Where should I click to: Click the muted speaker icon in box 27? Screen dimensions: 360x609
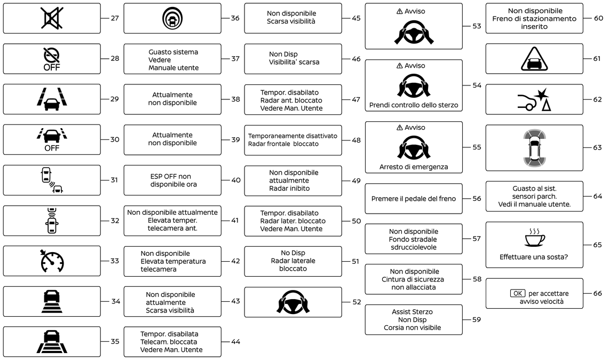pyautogui.click(x=52, y=18)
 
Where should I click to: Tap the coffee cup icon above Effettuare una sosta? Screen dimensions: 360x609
pyautogui.click(x=534, y=238)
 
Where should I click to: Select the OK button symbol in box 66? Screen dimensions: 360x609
pyautogui.click(x=517, y=293)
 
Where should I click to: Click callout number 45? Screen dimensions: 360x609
pyautogui.click(x=356, y=18)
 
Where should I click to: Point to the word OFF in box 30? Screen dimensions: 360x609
pyautogui.click(x=52, y=148)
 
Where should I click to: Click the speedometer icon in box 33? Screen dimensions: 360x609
pyautogui.click(x=52, y=261)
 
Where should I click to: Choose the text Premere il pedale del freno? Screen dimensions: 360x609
pyautogui.click(x=414, y=199)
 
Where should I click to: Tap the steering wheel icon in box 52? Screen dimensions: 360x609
pyautogui.click(x=293, y=302)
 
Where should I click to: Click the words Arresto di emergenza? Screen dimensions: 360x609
pyautogui.click(x=414, y=167)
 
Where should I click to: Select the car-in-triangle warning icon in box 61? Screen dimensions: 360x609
pyautogui.click(x=534, y=59)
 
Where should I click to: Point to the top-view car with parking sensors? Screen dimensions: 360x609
pyautogui.click(x=534, y=147)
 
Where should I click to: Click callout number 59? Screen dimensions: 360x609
pyautogui.click(x=477, y=319)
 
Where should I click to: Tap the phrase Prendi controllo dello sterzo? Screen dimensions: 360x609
pyautogui.click(x=414, y=105)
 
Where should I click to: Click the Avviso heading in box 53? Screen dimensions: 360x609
pyautogui.click(x=414, y=11)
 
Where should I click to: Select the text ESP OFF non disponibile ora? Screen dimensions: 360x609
pyautogui.click(x=173, y=180)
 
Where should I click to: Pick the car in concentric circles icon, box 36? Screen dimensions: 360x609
pyautogui.click(x=172, y=18)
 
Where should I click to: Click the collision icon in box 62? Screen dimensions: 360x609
pyautogui.click(x=534, y=99)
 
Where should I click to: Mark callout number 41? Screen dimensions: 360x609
pyautogui.click(x=235, y=221)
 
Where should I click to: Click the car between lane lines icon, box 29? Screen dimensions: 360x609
pyautogui.click(x=52, y=99)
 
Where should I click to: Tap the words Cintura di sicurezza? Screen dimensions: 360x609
pyautogui.click(x=413, y=279)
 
